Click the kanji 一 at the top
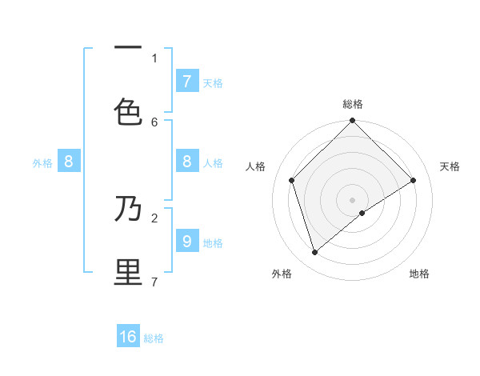click(x=128, y=47)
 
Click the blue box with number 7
click(x=186, y=81)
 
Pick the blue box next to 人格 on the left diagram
click(x=186, y=162)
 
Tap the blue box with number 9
click(x=186, y=240)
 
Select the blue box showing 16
click(x=128, y=337)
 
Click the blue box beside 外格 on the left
click(x=69, y=162)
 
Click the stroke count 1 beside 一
click(x=154, y=58)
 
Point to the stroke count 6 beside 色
click(x=154, y=122)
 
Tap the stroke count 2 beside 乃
click(x=154, y=217)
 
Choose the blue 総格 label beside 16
click(x=154, y=338)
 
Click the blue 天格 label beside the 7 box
click(x=213, y=82)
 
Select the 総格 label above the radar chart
click(x=353, y=104)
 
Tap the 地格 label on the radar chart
click(x=419, y=274)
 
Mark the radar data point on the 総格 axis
click(x=353, y=122)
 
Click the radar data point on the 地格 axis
click(x=362, y=213)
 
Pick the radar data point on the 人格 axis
click(x=292, y=180)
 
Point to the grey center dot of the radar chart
click(x=353, y=199)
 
